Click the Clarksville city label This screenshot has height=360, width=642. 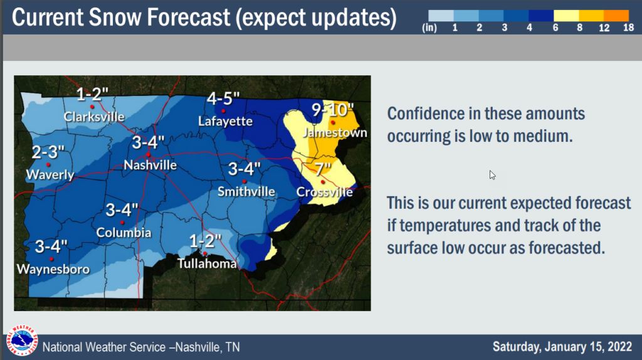tap(94, 117)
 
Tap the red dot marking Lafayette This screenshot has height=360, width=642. tap(223, 111)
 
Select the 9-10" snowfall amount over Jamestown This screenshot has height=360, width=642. tap(332, 110)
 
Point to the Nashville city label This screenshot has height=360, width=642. tap(150, 165)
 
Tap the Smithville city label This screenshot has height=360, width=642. tap(246, 192)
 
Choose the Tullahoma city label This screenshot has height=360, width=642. tap(207, 263)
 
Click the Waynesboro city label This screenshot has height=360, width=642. tap(53, 269)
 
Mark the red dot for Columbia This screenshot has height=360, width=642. tap(122, 223)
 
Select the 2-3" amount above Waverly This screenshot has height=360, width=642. tap(48, 152)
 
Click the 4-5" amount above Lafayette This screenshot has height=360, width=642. tap(223, 98)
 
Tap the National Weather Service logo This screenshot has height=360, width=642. tap(22, 341)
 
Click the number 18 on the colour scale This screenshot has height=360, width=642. tap(628, 28)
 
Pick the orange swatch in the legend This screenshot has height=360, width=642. tap(616, 16)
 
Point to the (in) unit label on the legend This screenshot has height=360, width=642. tap(429, 28)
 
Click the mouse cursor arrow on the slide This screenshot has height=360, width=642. tap(492, 175)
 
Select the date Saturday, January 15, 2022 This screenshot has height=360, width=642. tap(562, 347)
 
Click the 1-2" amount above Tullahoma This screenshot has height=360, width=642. tap(205, 241)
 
